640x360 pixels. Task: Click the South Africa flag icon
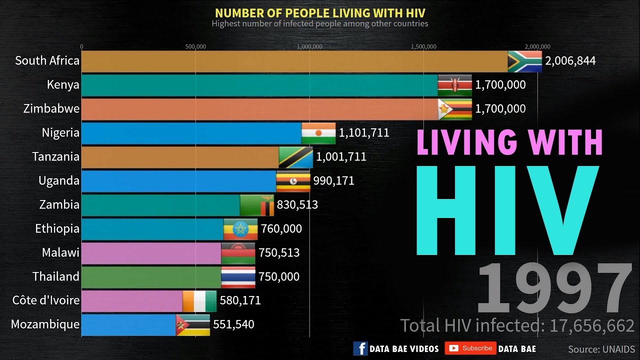[x=524, y=61]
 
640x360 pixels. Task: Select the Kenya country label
[x=63, y=85]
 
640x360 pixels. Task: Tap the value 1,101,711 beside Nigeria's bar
[x=363, y=133]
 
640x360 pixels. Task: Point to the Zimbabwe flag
[x=455, y=109]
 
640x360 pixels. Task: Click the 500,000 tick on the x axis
[x=195, y=47]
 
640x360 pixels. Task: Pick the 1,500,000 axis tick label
[x=423, y=47]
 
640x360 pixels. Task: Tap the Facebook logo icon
[x=360, y=348]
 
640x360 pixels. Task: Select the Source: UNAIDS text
[x=601, y=349]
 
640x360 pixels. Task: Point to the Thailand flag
[x=238, y=277]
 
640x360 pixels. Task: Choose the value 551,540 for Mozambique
[x=233, y=324]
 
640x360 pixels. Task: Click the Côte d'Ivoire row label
[x=46, y=300]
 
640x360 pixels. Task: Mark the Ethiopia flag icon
[x=240, y=229]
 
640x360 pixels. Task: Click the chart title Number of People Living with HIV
[x=320, y=12]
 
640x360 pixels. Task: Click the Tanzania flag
[x=295, y=157]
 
